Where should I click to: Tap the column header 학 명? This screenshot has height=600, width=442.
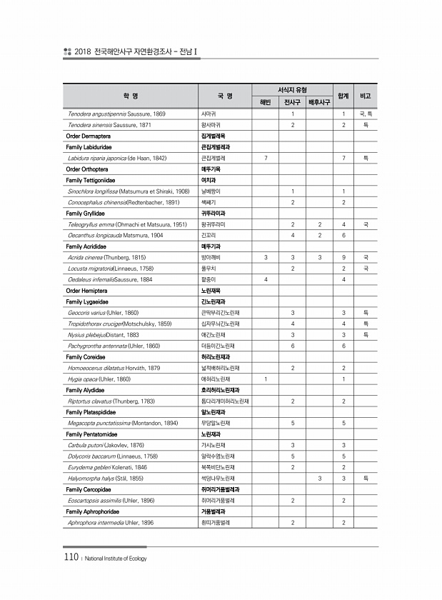[131, 96]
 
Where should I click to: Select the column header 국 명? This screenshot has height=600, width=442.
[226, 96]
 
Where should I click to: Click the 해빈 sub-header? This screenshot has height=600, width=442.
[266, 102]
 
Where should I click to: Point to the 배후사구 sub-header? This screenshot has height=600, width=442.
[319, 102]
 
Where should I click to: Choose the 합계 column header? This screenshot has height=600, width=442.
[343, 96]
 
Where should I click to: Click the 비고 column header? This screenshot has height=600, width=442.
[366, 96]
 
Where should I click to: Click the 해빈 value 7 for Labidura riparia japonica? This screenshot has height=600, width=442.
[266, 156]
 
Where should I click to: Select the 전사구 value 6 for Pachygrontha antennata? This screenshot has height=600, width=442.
[293, 346]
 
